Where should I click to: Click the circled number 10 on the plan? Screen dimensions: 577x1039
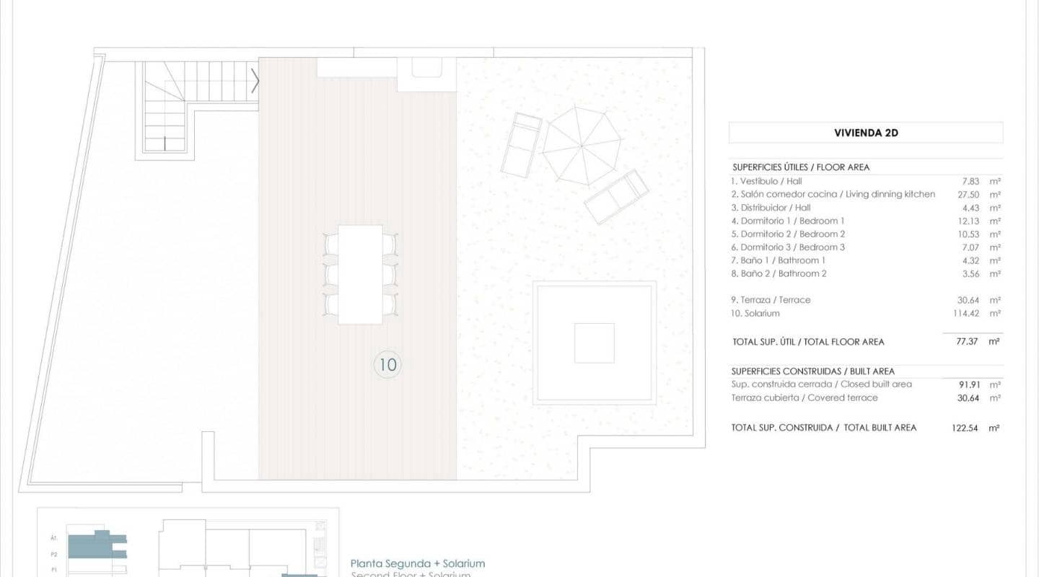click(387, 364)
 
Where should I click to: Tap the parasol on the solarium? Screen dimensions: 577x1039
click(582, 146)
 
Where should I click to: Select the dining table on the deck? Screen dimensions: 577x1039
click(360, 274)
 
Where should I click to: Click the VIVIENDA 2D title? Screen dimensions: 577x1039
click(866, 133)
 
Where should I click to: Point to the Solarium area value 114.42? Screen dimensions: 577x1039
click(967, 313)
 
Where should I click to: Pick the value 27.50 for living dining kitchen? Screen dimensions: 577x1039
click(967, 194)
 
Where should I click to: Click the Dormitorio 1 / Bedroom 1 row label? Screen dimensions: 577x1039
click(788, 221)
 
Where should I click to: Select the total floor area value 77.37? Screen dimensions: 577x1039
click(967, 341)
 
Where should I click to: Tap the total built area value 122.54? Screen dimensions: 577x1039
click(965, 428)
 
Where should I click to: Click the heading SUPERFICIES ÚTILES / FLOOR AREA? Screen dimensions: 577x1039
click(800, 167)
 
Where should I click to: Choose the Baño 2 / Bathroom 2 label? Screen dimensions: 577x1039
click(779, 273)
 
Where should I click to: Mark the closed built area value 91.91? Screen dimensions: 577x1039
click(967, 384)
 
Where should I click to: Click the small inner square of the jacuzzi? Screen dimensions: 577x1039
click(594, 343)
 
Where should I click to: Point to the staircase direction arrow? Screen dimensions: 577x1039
click(255, 80)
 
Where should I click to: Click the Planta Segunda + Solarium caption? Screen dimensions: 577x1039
click(417, 563)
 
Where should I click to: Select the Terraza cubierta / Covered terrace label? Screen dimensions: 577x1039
click(804, 397)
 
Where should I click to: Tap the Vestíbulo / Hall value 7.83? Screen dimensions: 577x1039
click(969, 181)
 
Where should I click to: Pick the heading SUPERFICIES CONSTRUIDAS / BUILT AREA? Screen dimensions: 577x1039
click(812, 371)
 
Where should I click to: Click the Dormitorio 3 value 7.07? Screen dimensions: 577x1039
click(969, 247)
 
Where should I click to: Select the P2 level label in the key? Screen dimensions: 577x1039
click(54, 555)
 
